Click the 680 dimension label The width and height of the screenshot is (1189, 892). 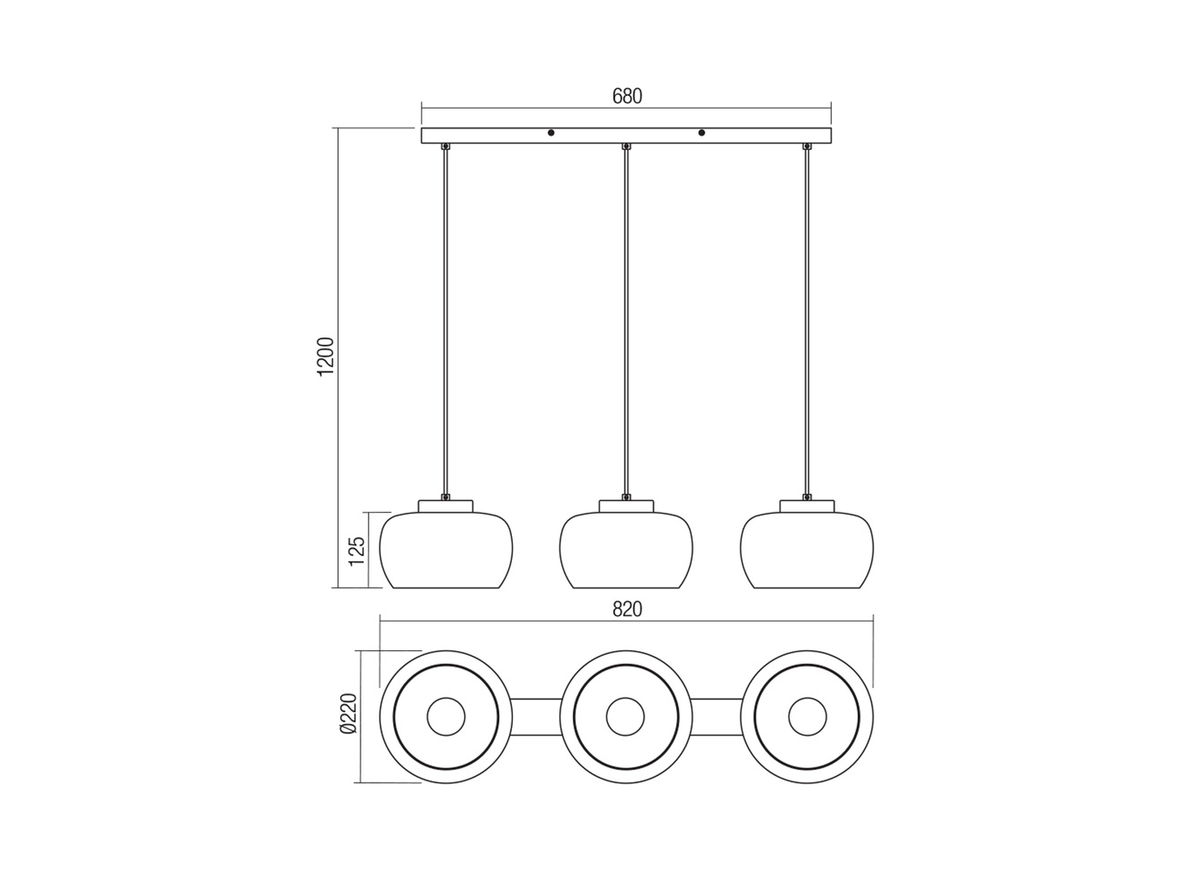click(627, 97)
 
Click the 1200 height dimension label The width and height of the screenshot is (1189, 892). click(326, 357)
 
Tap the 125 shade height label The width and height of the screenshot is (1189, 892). click(357, 551)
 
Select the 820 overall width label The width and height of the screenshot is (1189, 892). click(627, 610)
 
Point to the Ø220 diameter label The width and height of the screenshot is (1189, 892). click(349, 714)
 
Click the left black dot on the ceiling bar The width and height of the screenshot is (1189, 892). click(551, 132)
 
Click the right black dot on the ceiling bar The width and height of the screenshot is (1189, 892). click(702, 132)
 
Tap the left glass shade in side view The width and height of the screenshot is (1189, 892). click(445, 550)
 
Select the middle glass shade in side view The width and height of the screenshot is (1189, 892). click(626, 550)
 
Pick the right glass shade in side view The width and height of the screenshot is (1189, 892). click(807, 550)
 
